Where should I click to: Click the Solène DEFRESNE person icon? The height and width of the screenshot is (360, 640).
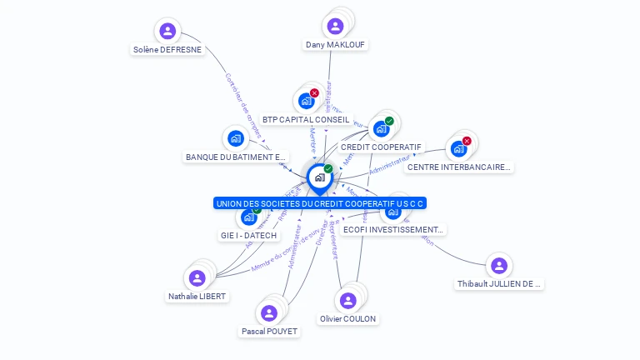pyautogui.click(x=168, y=32)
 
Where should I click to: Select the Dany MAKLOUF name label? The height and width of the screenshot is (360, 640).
pyautogui.click(x=335, y=44)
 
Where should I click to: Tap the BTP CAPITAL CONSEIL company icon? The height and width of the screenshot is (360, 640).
pyautogui.click(x=306, y=102)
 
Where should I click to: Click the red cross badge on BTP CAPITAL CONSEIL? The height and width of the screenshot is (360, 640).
pyautogui.click(x=314, y=93)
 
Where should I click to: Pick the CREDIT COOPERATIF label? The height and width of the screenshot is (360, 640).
pyautogui.click(x=381, y=147)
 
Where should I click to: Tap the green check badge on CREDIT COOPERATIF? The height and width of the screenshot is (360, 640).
pyautogui.click(x=389, y=121)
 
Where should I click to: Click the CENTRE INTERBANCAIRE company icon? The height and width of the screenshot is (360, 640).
pyautogui.click(x=457, y=149)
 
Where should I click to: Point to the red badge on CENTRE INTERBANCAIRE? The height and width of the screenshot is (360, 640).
pyautogui.click(x=467, y=141)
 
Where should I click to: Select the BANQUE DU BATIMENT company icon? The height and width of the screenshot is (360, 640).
pyautogui.click(x=236, y=138)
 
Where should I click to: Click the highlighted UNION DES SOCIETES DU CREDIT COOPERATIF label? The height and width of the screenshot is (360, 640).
pyautogui.click(x=320, y=203)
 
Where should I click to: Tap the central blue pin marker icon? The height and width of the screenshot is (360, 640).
pyautogui.click(x=319, y=177)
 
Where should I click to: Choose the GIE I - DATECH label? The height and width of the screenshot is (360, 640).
pyautogui.click(x=247, y=235)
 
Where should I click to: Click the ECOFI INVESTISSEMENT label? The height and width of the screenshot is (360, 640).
pyautogui.click(x=393, y=229)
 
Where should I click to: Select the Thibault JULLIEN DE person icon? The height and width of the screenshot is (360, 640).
pyautogui.click(x=498, y=266)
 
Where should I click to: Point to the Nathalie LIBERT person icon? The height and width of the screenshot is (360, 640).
pyautogui.click(x=197, y=277)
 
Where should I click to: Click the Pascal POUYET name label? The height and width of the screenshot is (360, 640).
pyautogui.click(x=269, y=331)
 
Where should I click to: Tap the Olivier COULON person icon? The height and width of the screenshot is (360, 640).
pyautogui.click(x=347, y=301)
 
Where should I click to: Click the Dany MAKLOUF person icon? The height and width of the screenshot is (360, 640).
pyautogui.click(x=335, y=26)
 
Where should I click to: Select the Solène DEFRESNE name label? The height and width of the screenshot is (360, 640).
pyautogui.click(x=167, y=49)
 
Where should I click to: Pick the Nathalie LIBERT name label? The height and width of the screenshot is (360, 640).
pyautogui.click(x=197, y=296)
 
